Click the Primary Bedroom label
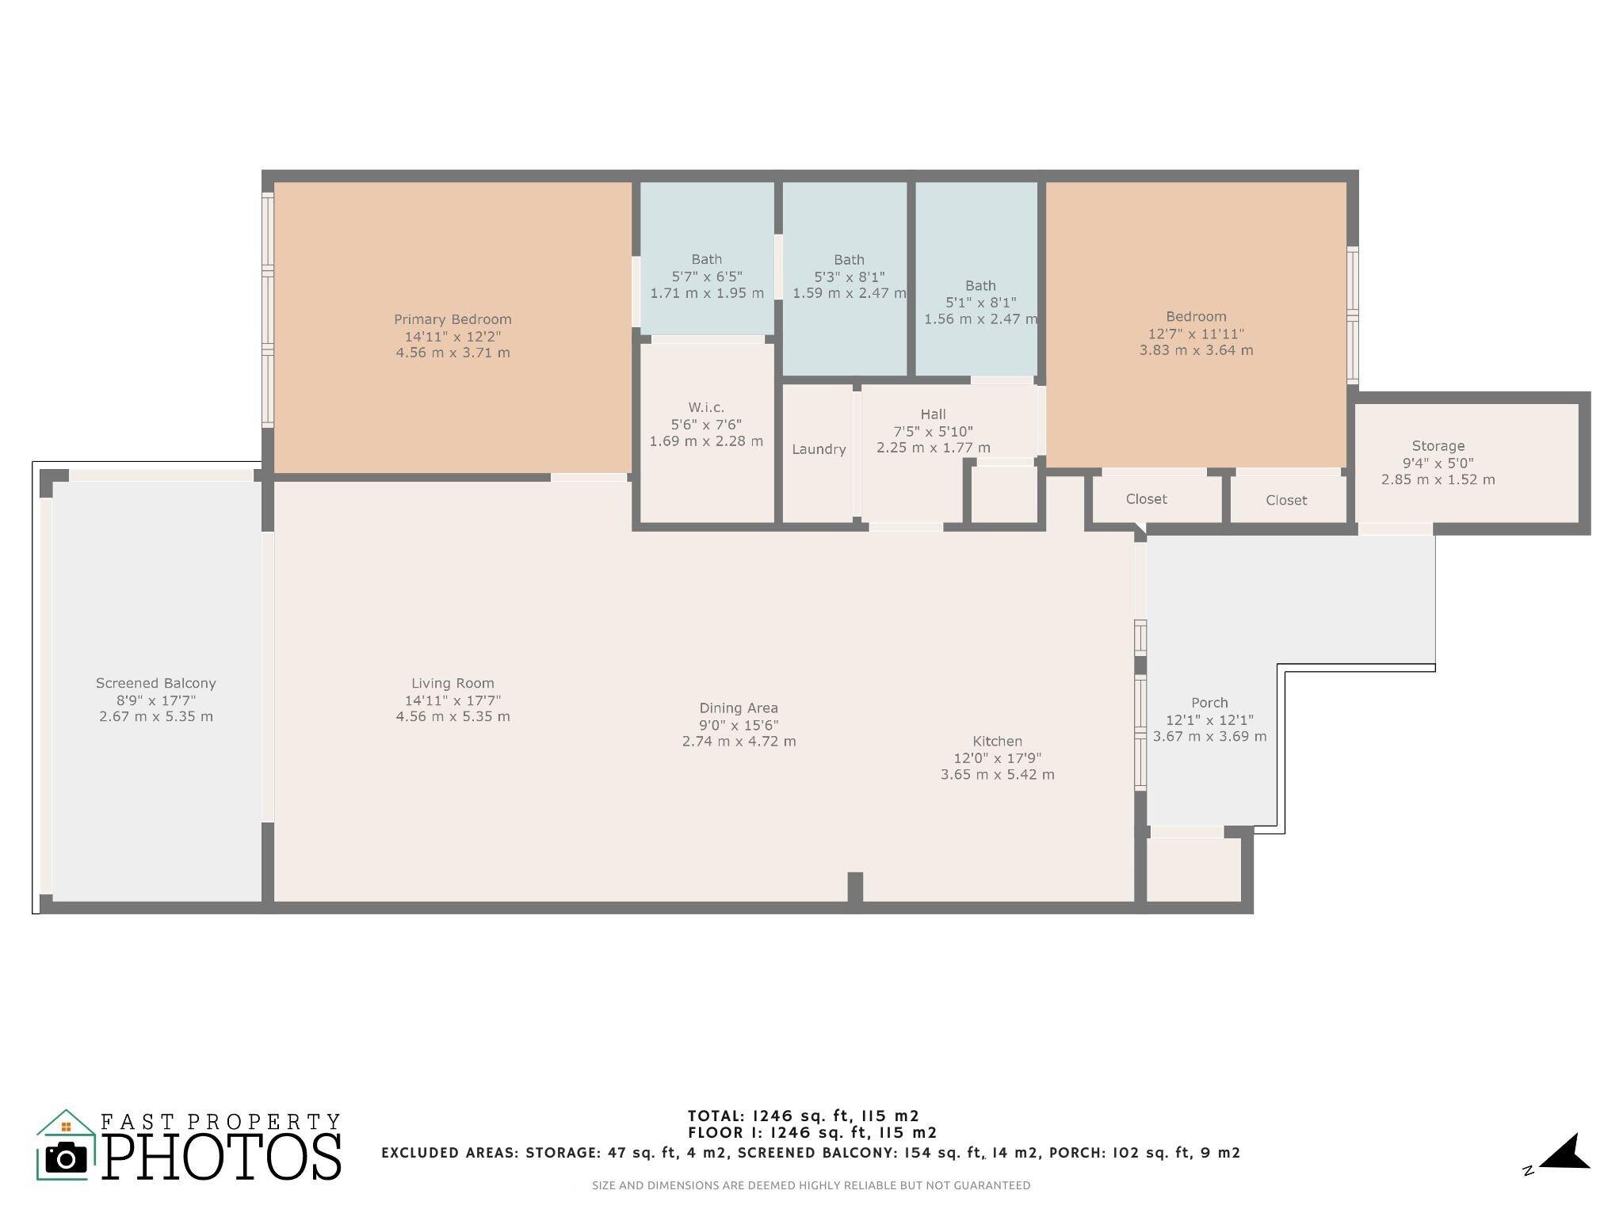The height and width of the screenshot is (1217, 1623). (453, 319)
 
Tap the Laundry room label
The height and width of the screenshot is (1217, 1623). (819, 449)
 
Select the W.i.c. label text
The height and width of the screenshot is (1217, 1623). (705, 407)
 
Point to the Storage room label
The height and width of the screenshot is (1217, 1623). (1438, 446)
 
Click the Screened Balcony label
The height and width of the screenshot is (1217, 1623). (155, 683)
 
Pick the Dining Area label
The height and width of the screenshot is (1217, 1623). (738, 708)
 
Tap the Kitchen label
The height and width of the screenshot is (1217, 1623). (997, 742)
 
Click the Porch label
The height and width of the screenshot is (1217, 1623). (1209, 703)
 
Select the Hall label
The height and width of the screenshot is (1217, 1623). (933, 414)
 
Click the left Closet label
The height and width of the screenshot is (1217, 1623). (1146, 499)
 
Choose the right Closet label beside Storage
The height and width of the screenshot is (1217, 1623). (1285, 500)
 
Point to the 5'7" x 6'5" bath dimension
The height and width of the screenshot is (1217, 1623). (706, 277)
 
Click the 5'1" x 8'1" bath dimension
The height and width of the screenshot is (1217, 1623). (980, 303)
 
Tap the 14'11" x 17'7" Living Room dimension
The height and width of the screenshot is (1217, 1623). (453, 700)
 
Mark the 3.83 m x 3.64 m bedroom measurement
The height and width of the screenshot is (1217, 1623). (1196, 350)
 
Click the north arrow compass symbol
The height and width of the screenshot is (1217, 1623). (1563, 1153)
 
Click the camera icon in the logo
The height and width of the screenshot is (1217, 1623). (67, 1158)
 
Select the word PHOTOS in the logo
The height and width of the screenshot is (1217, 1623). (222, 1157)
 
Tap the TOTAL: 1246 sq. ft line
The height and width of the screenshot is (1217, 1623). (803, 1116)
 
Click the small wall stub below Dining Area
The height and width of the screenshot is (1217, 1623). (855, 887)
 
